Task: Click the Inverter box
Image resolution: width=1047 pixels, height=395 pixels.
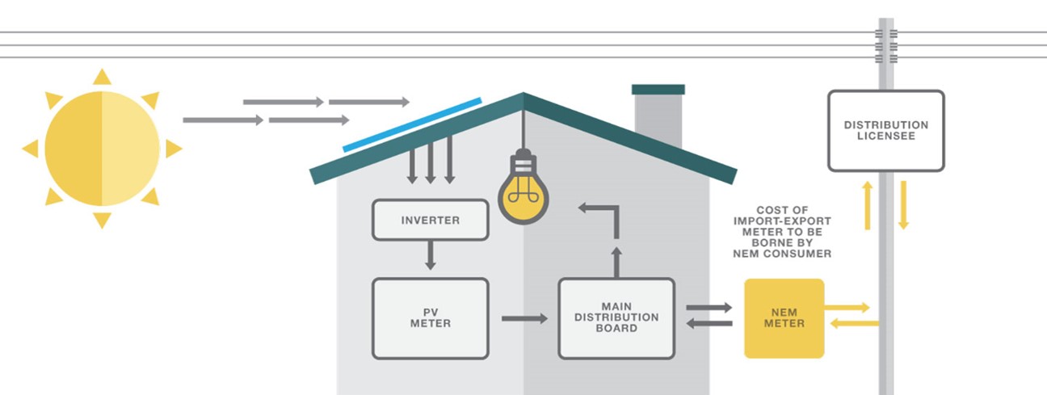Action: (x=430, y=220)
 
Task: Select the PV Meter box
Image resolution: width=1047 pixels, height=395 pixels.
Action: (x=430, y=318)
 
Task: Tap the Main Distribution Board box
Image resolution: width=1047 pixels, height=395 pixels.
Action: (x=616, y=318)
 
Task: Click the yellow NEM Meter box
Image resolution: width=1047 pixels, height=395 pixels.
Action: (x=784, y=318)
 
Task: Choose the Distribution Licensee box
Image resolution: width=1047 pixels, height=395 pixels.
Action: (x=885, y=131)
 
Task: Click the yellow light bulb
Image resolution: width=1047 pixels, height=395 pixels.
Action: (x=523, y=194)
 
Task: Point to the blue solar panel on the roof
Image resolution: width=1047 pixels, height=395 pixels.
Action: (x=412, y=125)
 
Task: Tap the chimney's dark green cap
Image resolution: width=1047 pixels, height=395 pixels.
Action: (x=658, y=90)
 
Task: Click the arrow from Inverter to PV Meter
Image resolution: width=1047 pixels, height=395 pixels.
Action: (x=430, y=257)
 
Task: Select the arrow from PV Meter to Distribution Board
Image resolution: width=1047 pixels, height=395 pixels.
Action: (x=523, y=318)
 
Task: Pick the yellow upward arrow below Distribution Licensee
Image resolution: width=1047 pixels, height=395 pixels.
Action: (x=868, y=205)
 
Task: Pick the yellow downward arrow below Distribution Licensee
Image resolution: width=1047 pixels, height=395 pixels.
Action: (x=903, y=205)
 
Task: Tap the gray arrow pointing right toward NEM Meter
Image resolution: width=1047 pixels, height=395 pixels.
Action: (x=709, y=308)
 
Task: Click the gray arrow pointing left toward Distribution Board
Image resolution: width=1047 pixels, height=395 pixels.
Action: (x=709, y=324)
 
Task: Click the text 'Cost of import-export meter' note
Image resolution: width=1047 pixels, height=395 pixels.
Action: (x=782, y=232)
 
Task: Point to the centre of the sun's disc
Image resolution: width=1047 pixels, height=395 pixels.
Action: (x=102, y=149)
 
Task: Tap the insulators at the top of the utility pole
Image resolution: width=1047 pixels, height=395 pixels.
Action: (x=886, y=47)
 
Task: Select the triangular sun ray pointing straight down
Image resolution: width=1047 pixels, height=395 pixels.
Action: (x=102, y=220)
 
